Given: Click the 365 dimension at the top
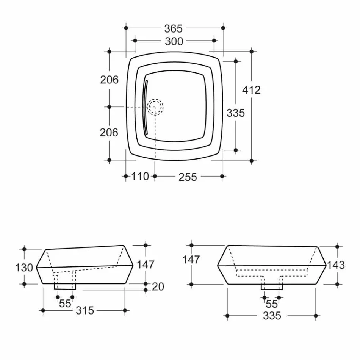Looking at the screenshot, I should pos(174,28).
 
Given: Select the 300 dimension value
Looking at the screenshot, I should pos(174,41).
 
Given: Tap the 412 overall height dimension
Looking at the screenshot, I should pos(252,90).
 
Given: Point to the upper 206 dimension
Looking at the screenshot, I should pos(109,80).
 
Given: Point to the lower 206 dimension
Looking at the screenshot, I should pos(109,133).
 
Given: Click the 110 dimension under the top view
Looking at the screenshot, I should pos(140,176).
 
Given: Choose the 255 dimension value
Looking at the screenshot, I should pos(188,177).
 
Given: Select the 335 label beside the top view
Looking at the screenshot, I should pos(236,113).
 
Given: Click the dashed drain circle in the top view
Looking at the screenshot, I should pos(155,107).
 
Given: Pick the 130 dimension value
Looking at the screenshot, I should pos(24,268).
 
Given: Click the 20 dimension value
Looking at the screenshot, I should pos(158,287).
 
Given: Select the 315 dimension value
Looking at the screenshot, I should pos(85,311).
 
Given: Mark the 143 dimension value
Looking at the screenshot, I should pos(336,265).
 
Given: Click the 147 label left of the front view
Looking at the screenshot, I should pos(191,260).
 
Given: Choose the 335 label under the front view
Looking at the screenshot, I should pos(272,315).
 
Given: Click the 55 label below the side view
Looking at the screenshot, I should pos(65,303).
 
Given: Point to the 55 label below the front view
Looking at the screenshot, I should pos(272,304).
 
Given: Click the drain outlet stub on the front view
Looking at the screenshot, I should pos(271,287).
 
